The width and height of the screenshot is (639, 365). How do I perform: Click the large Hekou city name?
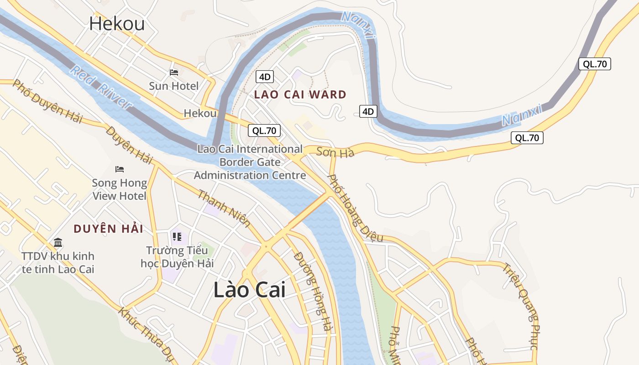(x=117, y=23)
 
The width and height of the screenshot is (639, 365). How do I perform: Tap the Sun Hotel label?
(x=173, y=86)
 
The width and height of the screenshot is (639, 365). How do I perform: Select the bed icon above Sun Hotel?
(x=173, y=72)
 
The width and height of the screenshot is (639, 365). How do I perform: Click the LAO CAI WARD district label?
(x=300, y=95)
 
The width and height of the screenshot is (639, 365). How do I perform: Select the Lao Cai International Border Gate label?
(x=250, y=162)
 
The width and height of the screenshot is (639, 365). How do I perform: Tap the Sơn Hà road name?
(x=335, y=152)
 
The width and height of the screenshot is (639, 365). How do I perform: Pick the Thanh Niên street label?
(x=224, y=209)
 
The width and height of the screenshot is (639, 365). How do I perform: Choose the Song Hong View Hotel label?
(x=120, y=189)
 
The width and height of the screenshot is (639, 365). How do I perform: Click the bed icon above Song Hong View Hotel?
(x=120, y=169)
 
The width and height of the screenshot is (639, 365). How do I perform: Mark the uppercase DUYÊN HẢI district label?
(x=109, y=229)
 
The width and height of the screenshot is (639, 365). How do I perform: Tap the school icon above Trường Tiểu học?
(x=177, y=236)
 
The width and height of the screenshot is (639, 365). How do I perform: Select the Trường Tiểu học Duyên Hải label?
(x=177, y=257)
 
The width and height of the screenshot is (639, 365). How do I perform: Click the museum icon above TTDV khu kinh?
(x=58, y=242)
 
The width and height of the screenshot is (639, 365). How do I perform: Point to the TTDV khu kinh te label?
(x=58, y=262)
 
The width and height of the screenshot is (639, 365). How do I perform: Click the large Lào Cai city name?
(x=249, y=290)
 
